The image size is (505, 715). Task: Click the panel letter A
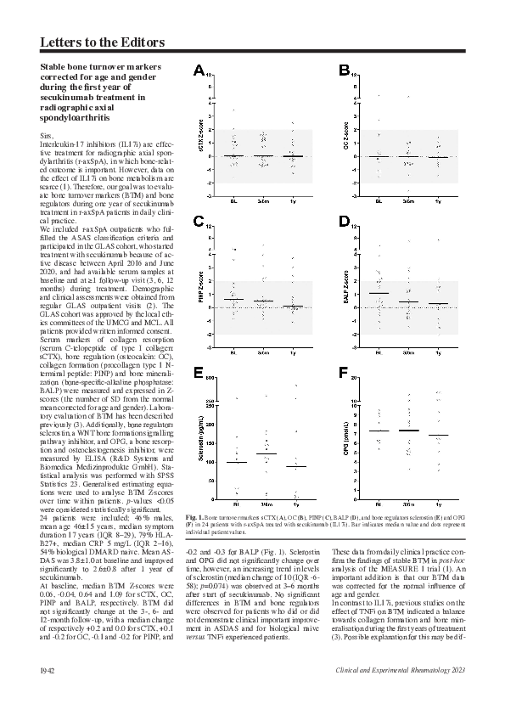click(x=199, y=70)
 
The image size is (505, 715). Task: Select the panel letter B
click(x=345, y=70)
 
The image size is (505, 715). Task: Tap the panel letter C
click(x=199, y=222)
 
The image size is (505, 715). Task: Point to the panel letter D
click(x=345, y=222)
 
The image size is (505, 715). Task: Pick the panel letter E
click(x=199, y=374)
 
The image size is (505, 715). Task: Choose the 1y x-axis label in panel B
click(x=438, y=201)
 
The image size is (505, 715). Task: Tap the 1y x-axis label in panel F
click(x=438, y=504)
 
